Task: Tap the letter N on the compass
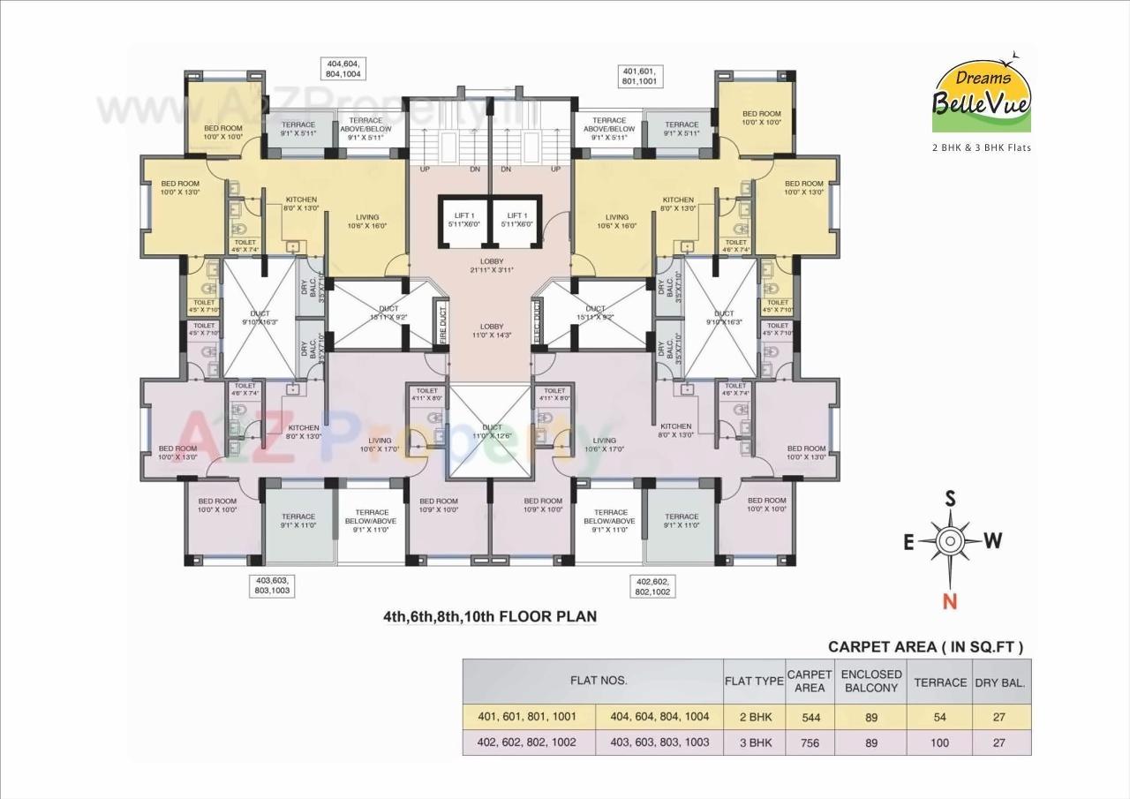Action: coord(950,601)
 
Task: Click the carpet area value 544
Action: coord(810,718)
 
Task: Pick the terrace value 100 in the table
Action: coord(939,742)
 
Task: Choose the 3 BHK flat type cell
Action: coord(754,742)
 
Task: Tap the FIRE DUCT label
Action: coord(442,321)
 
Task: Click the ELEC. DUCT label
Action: coord(537,321)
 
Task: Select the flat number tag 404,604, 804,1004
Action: coord(344,70)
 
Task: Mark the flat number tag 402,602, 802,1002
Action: coord(652,586)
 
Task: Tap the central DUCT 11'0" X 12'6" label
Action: coord(491,432)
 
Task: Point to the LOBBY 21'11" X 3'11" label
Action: coord(491,266)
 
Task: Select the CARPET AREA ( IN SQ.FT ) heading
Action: coord(925,647)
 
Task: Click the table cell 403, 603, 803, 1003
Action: coord(659,742)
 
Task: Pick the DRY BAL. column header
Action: coord(999,682)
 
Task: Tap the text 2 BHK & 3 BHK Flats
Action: coord(982,147)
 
